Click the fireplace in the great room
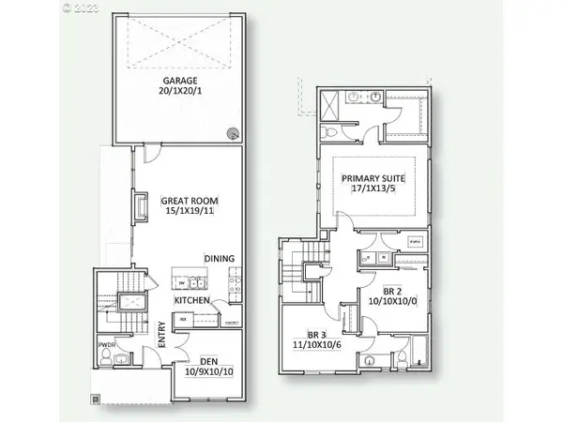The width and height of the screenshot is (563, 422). [x=141, y=207]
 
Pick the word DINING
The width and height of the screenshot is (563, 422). [x=220, y=259]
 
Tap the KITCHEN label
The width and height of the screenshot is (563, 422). [x=191, y=300]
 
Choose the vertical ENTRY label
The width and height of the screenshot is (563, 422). [x=162, y=336]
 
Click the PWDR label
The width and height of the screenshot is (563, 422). [x=105, y=343]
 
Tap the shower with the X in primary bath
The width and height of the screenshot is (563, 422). [x=331, y=104]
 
